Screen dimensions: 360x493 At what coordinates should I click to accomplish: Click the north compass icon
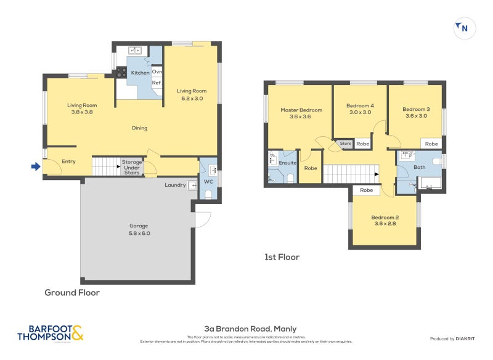465,28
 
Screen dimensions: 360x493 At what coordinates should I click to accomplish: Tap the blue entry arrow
36,166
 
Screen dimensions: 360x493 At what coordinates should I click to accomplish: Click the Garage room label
139,229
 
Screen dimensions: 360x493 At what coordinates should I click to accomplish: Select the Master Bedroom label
301,113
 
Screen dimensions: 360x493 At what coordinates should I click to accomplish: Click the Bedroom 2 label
385,221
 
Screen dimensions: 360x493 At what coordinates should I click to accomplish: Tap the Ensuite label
288,163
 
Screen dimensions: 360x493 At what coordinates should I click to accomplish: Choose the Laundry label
175,185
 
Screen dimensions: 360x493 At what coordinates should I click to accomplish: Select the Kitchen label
140,73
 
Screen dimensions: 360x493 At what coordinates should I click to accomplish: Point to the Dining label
139,128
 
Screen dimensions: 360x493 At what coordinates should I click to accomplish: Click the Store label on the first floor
346,144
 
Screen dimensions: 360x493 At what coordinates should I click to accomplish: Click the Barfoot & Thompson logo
50,333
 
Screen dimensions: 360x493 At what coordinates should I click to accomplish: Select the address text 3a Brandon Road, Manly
250,329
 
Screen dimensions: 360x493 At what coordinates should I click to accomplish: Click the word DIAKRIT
468,338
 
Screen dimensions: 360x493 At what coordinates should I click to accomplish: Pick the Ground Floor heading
71,293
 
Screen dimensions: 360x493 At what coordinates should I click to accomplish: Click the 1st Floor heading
280,256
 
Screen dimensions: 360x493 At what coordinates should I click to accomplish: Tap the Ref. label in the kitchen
157,83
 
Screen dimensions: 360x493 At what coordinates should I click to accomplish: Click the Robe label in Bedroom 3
431,144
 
